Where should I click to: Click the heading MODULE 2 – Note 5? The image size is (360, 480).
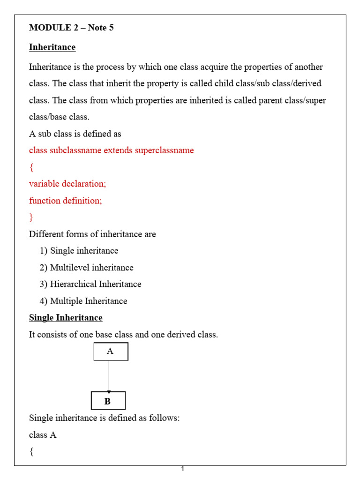click(x=71, y=28)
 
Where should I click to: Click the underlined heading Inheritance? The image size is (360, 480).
click(x=52, y=47)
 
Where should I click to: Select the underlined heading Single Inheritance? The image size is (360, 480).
click(x=66, y=318)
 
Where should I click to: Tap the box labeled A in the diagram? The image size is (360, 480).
click(x=111, y=352)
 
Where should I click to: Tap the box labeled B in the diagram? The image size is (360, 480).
click(x=108, y=401)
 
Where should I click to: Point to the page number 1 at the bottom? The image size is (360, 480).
click(x=183, y=469)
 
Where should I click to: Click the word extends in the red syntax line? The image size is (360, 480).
click(x=118, y=150)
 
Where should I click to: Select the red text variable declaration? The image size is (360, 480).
click(x=67, y=184)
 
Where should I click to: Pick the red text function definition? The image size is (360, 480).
click(x=65, y=201)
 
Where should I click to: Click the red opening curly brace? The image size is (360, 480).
click(x=31, y=167)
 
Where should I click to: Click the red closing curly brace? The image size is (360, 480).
click(x=31, y=217)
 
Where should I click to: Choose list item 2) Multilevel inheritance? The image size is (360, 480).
click(x=87, y=268)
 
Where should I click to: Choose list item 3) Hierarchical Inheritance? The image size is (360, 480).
click(x=90, y=284)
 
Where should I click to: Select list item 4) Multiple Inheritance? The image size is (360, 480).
click(x=83, y=301)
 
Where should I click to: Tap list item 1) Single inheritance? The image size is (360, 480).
click(x=79, y=251)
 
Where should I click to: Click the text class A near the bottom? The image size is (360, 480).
click(x=43, y=435)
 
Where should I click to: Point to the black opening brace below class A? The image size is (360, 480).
click(x=31, y=452)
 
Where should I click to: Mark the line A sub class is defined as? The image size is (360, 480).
click(x=75, y=134)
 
